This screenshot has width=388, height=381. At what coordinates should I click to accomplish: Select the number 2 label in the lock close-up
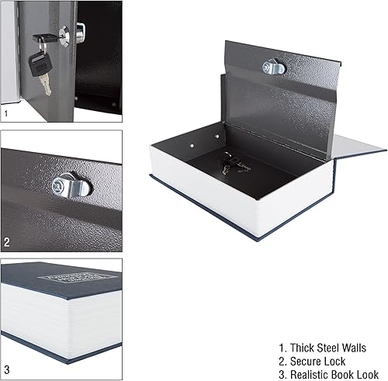coord(7,242)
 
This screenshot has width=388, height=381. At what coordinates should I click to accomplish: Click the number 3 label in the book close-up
coord(7,369)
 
